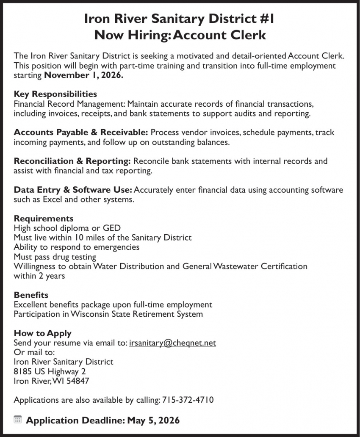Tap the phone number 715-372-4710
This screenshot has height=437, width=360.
(188, 400)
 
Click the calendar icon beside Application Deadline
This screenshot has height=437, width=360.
(17, 420)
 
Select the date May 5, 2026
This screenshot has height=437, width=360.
(153, 420)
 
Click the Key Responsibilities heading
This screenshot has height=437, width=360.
(55, 94)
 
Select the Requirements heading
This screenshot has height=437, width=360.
(44, 218)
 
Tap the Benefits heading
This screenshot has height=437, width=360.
(31, 295)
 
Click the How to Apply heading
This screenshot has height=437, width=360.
(42, 333)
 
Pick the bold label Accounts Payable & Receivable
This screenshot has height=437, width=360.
(81, 133)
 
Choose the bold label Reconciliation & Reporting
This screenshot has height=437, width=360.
(72, 161)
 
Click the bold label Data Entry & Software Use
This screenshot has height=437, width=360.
(73, 190)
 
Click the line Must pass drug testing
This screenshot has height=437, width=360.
(55, 257)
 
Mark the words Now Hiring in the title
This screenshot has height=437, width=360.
(131, 35)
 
